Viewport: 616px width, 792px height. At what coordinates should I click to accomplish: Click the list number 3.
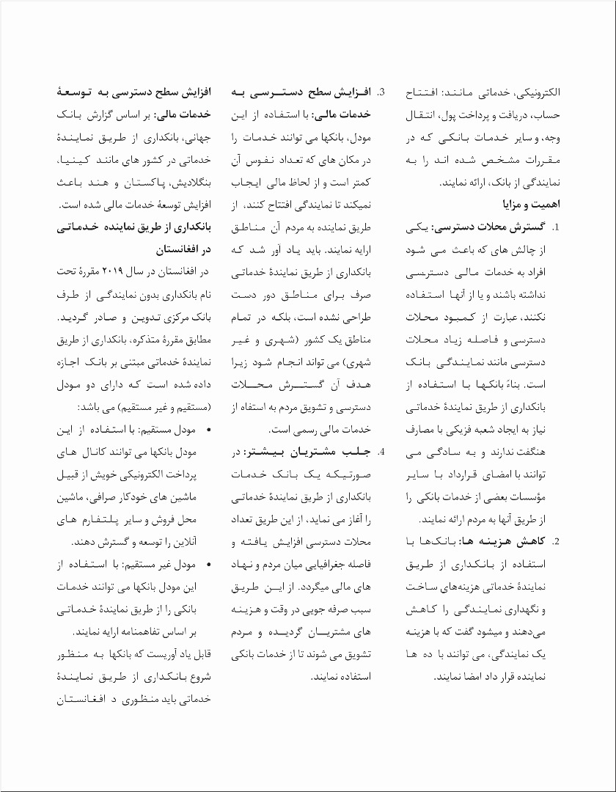[x=381, y=93]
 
